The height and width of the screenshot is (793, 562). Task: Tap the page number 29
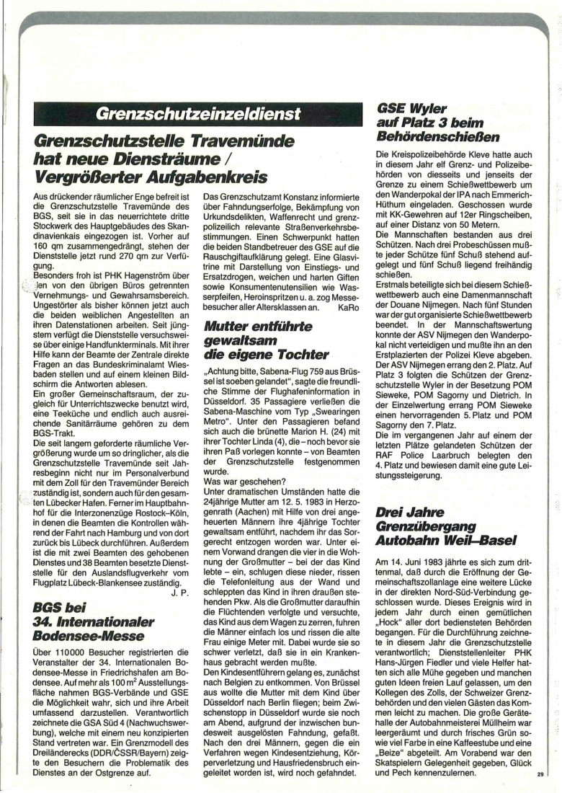[540, 775]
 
